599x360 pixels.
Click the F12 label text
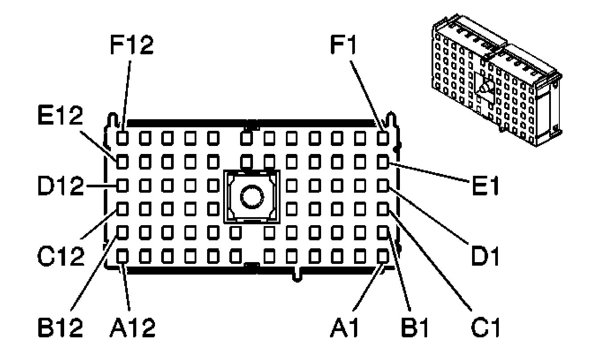coord(132,45)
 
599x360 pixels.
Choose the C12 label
coord(61,256)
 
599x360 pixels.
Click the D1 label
coord(485,256)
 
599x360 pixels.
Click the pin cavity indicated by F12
coord(122,138)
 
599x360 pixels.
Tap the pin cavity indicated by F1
coord(383,138)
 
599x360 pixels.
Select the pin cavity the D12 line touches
coord(122,186)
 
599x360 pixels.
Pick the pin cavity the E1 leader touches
coord(383,162)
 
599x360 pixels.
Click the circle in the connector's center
coord(252,197)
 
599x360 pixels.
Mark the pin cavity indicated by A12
coord(122,256)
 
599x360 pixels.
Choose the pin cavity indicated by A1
coord(383,256)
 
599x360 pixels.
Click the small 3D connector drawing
coord(497,80)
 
